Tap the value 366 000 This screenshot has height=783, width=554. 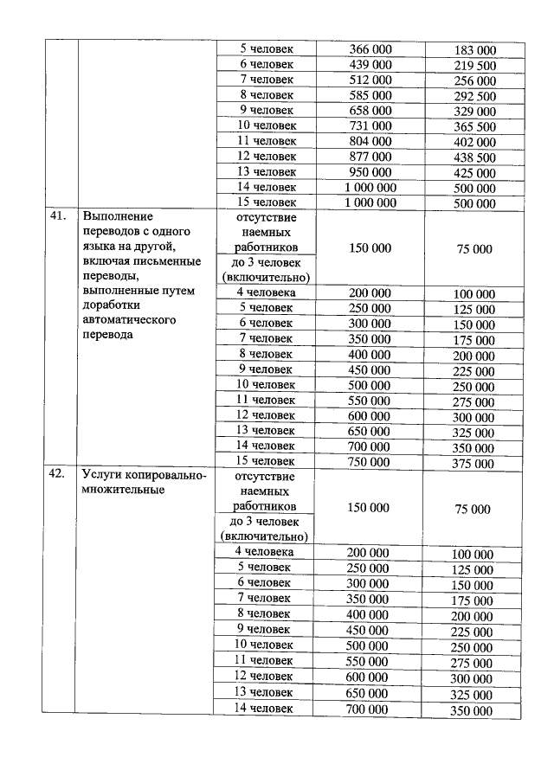tap(370, 49)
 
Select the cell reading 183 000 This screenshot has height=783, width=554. tap(474, 50)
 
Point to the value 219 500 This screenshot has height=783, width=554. tap(474, 66)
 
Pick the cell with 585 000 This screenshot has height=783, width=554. tap(370, 95)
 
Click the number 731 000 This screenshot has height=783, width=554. tap(370, 126)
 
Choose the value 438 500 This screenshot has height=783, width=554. tap(474, 158)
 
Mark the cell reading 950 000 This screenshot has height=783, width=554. tap(370, 172)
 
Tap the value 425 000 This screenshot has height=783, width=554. tap(474, 173)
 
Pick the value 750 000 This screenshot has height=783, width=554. tap(370, 462)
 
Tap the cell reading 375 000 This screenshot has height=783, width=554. tap(474, 464)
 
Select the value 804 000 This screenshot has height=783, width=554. tap(370, 141)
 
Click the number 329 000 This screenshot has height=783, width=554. tap(474, 112)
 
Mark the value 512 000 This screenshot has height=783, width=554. tap(370, 80)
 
